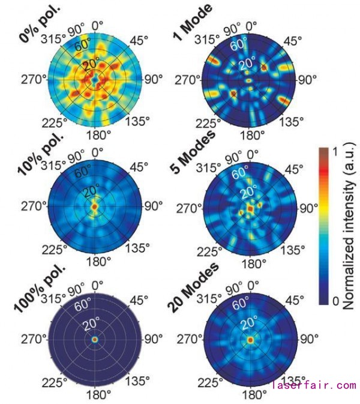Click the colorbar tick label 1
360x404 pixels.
334,152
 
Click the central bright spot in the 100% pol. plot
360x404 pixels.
94,339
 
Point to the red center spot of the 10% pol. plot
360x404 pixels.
94,207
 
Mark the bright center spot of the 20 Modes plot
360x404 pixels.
250,339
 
